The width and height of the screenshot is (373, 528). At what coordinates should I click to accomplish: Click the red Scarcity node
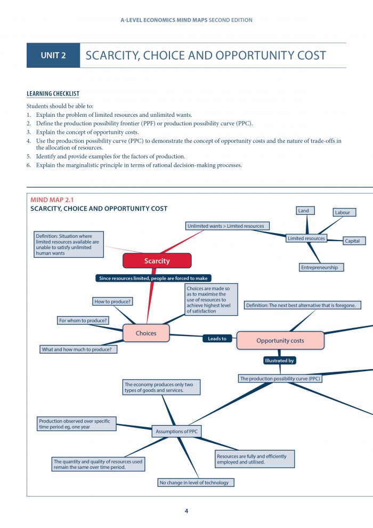(157, 261)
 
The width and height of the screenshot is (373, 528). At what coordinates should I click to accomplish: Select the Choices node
(146, 333)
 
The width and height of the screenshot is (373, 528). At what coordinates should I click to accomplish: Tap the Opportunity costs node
(280, 340)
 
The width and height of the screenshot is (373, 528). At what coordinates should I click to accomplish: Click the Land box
(303, 211)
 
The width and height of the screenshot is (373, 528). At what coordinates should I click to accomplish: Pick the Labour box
(343, 212)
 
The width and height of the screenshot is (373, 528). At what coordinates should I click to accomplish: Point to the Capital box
(352, 241)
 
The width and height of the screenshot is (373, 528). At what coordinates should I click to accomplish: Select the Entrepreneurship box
(319, 267)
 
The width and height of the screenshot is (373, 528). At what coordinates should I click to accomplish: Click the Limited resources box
(306, 238)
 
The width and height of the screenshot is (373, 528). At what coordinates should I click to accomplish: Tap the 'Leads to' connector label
(217, 339)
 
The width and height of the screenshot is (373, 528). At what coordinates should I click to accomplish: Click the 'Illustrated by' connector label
(280, 361)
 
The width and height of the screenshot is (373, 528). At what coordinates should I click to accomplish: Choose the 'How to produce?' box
(113, 302)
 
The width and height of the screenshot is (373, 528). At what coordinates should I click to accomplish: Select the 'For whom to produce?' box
(83, 321)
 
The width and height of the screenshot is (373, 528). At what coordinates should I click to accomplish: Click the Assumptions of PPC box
(177, 431)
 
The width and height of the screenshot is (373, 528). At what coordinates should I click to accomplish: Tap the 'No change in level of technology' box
(194, 483)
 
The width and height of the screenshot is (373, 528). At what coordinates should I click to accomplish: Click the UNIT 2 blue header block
(53, 55)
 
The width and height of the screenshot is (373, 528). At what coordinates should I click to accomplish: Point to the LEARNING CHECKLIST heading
(53, 94)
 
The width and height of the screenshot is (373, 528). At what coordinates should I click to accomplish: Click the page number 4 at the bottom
(186, 511)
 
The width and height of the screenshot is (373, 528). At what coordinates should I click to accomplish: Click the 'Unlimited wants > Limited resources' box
(225, 226)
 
